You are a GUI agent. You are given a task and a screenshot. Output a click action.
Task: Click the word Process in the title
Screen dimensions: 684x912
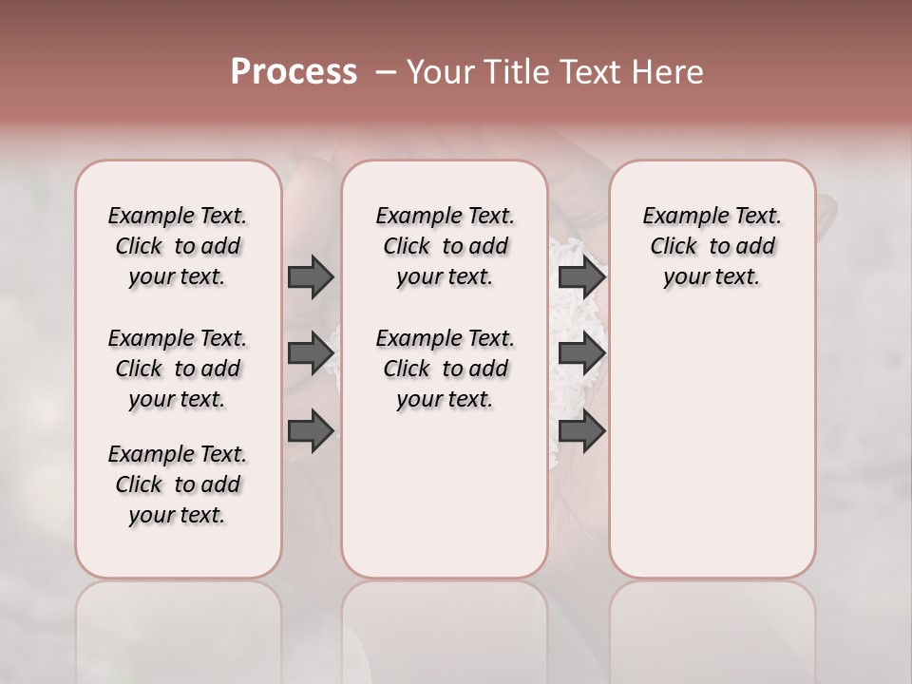[294, 72]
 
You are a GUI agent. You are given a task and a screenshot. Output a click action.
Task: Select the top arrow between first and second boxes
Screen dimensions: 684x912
[311, 276]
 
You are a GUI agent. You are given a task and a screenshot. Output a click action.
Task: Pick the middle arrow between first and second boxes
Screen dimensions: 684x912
[311, 352]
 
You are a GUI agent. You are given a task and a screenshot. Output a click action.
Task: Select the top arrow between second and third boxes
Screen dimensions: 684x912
[581, 276]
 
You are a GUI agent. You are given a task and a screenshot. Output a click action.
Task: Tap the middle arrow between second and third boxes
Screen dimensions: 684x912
[581, 353]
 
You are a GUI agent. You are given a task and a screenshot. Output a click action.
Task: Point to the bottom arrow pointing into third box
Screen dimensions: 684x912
[581, 431]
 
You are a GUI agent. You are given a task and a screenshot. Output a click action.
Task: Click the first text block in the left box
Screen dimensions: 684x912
[178, 246]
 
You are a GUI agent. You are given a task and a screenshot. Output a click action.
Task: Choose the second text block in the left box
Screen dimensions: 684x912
[178, 369]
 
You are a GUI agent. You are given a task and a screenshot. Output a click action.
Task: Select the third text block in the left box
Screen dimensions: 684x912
[178, 484]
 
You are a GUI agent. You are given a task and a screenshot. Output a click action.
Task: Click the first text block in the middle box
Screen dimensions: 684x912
[445, 246]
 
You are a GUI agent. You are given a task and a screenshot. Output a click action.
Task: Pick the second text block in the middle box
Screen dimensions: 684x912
[445, 369]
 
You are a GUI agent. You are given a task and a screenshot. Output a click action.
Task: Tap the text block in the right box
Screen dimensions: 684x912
[712, 246]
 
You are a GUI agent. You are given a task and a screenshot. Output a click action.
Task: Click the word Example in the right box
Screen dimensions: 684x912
[680, 217]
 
